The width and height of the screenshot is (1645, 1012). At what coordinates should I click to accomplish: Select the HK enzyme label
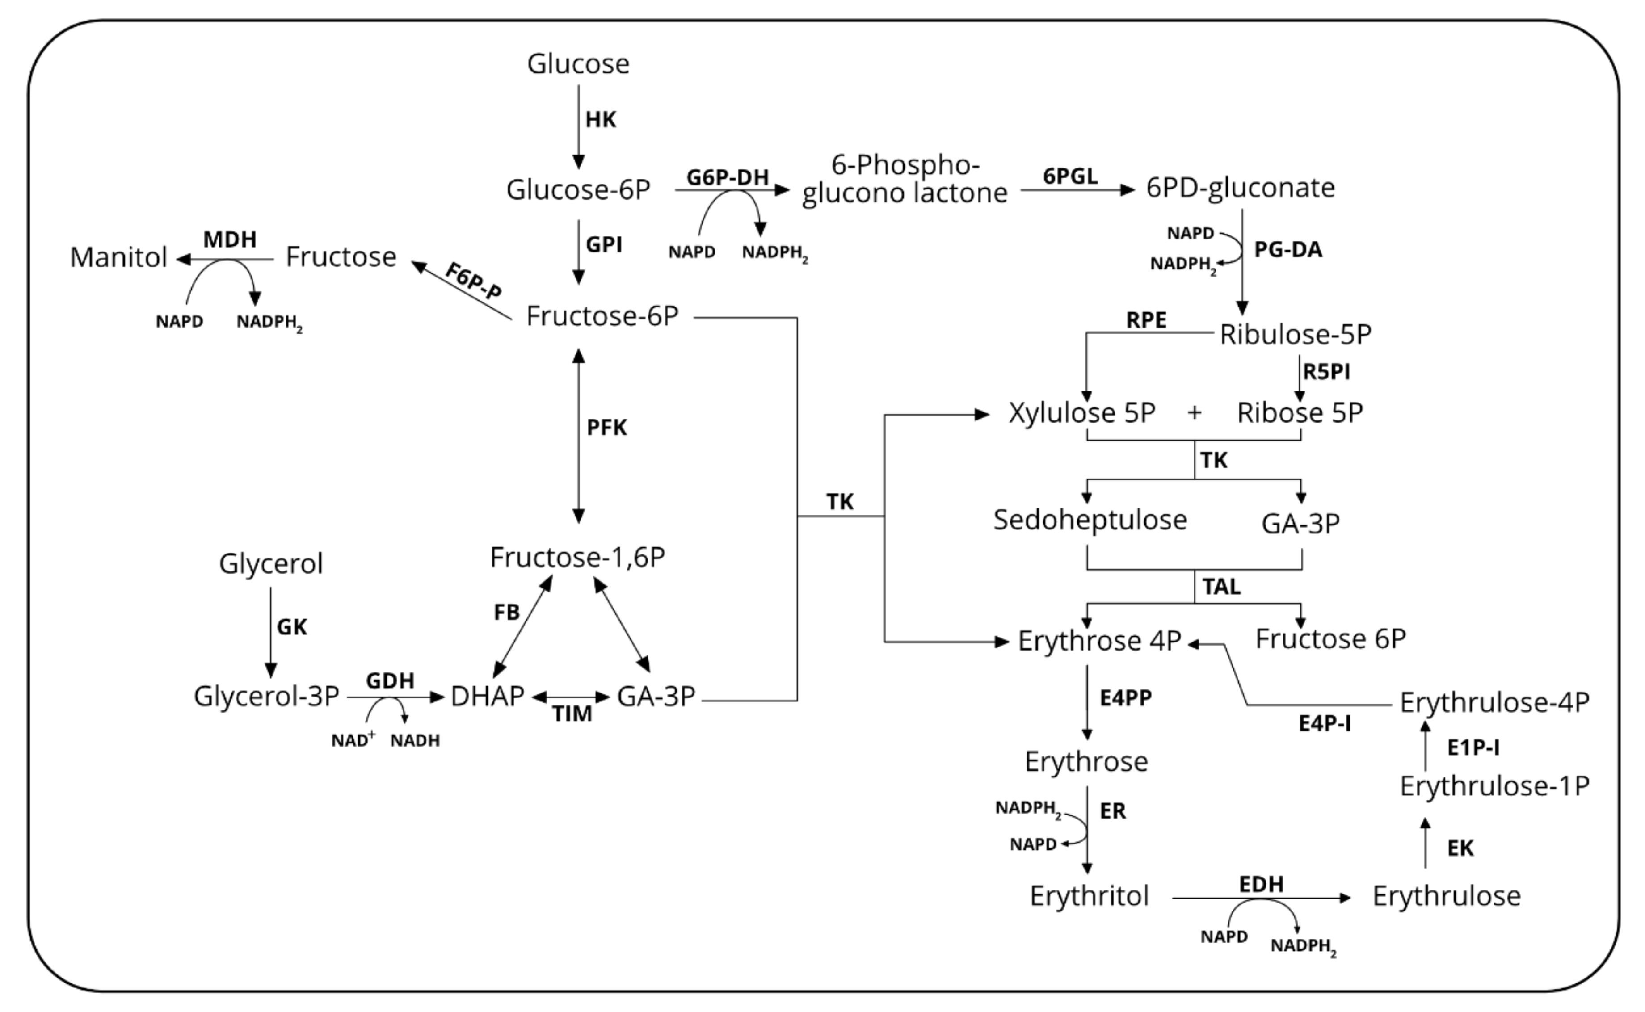[x=600, y=120]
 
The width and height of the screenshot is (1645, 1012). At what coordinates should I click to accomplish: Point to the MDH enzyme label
[x=230, y=239]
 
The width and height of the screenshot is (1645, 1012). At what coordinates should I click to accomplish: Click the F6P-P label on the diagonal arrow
[x=474, y=281]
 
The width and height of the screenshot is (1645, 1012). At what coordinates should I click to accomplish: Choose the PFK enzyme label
[x=606, y=428]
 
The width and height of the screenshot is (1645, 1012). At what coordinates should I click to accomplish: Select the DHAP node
[x=487, y=697]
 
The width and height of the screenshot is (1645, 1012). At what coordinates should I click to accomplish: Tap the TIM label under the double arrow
[x=572, y=714]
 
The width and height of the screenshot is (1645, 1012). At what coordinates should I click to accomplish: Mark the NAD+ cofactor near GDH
[x=353, y=740]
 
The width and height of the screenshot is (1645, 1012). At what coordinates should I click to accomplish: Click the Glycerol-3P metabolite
[x=266, y=697]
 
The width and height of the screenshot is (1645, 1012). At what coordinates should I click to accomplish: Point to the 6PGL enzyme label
[x=1070, y=176]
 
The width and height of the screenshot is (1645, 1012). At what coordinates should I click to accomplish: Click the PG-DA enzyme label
[x=1287, y=250]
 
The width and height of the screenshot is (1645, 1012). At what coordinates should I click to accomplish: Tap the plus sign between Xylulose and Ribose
[x=1195, y=413]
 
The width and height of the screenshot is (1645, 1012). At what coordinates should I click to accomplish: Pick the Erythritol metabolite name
[x=1089, y=895]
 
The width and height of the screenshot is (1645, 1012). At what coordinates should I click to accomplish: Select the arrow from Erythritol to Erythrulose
[x=1262, y=898]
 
